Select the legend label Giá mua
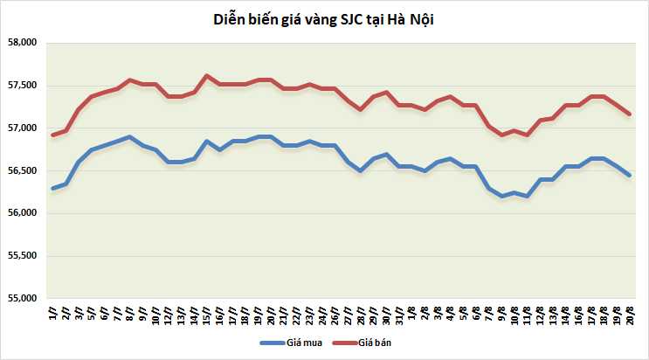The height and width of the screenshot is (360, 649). pos(303,343)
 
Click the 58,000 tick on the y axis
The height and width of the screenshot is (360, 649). pos(21,43)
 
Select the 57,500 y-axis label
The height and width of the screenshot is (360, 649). pos(21,86)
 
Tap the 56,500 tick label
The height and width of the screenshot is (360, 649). pos(21,171)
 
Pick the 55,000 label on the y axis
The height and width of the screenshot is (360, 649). pos(21,299)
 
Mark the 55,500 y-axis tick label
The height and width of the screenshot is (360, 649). pos(21,256)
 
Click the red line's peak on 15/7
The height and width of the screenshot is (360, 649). pos(206,76)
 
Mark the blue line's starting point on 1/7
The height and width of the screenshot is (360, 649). pos(53,188)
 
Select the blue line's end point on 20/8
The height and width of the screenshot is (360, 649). pos(630,175)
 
